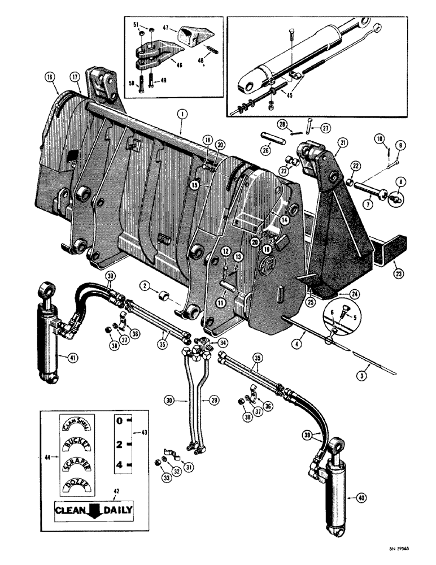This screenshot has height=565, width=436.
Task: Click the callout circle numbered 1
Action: coord(181,114)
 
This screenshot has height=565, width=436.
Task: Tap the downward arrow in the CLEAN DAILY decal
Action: coord(93,511)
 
